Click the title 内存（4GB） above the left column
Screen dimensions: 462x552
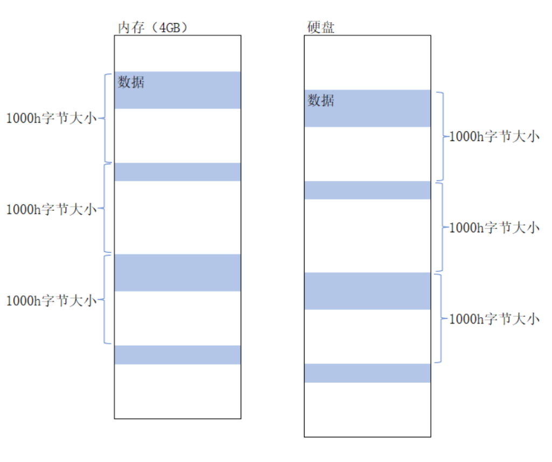point(153,27)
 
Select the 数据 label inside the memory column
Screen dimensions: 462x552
point(132,83)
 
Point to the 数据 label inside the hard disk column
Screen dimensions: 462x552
point(321,101)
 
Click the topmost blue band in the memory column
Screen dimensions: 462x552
point(177,90)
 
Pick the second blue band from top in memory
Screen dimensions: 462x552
point(177,172)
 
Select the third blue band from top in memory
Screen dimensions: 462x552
point(177,272)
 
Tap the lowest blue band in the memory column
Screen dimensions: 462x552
point(177,355)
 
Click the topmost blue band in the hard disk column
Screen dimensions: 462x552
point(367,108)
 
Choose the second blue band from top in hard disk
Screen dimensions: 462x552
point(367,190)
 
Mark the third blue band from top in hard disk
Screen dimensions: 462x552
point(367,291)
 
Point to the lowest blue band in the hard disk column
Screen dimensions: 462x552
point(367,373)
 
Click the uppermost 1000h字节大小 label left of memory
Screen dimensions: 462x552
point(51,118)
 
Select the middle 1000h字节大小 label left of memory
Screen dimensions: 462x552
point(51,209)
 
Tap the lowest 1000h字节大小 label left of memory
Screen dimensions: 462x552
point(51,301)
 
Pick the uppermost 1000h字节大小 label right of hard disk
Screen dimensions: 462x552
point(494,137)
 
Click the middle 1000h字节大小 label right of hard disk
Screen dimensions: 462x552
point(494,228)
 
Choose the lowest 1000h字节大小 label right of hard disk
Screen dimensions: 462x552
point(494,319)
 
